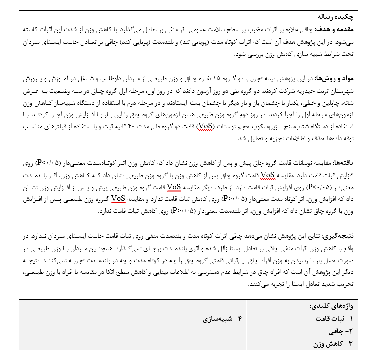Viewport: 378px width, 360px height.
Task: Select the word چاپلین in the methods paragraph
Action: click(344, 102)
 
